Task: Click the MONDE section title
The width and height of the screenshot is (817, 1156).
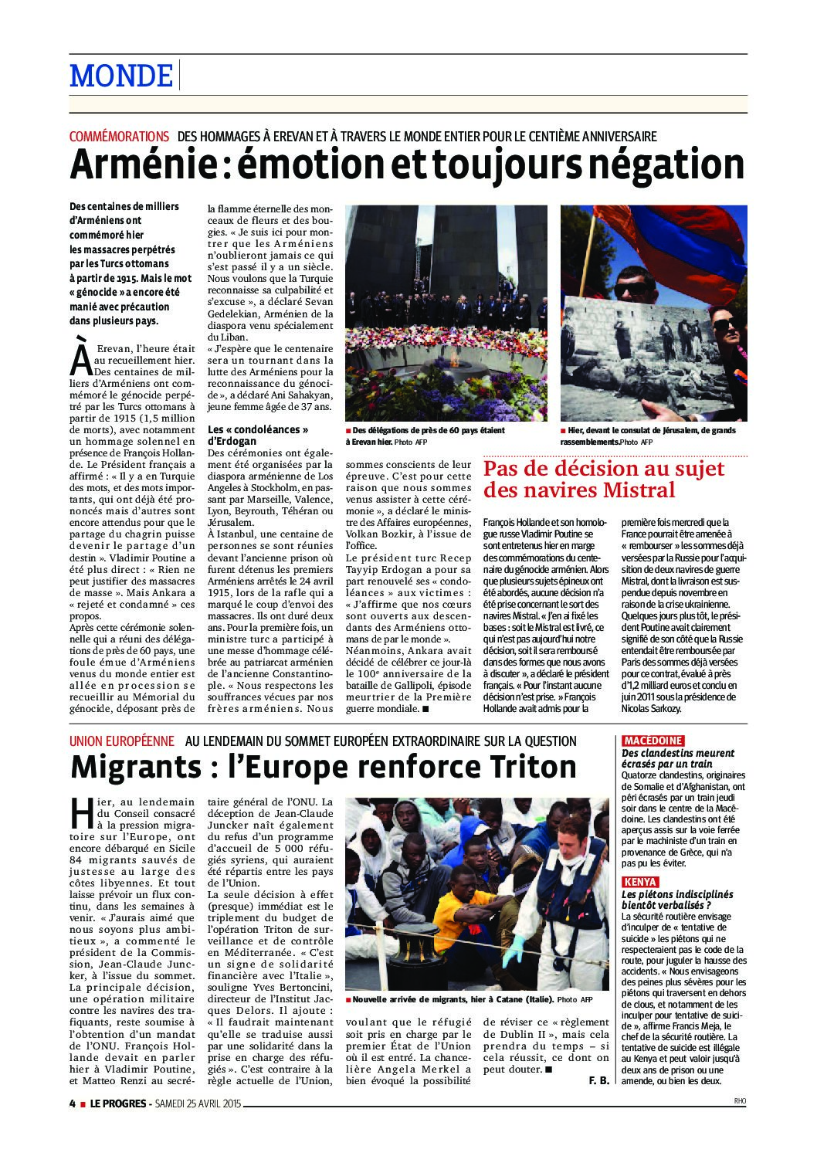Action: [121, 76]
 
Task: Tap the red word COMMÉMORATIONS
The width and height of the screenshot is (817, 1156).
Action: [119, 137]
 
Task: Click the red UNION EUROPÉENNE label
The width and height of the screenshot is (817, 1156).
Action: [121, 741]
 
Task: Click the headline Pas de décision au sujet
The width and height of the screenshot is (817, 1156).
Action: [604, 469]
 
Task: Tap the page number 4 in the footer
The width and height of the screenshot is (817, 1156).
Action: [72, 1103]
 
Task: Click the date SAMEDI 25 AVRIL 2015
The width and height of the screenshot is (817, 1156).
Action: [198, 1103]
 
